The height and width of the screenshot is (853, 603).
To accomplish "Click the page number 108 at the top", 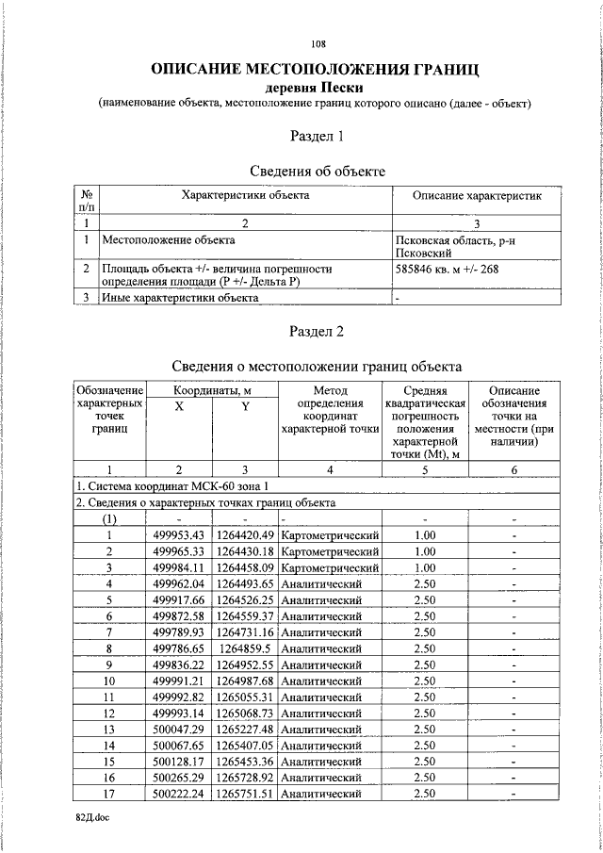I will [318, 44].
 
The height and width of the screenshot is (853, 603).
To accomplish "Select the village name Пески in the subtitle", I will [340, 88].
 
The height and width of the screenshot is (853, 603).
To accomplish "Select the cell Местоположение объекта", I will [169, 240].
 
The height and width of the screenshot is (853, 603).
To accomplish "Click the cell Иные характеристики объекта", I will [180, 299].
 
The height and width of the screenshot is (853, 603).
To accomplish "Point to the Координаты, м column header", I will [212, 389].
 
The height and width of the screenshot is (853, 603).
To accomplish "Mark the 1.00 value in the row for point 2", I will [425, 551].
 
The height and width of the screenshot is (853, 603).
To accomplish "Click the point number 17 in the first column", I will [109, 794].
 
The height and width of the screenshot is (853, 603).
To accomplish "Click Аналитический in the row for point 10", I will [322, 681].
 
